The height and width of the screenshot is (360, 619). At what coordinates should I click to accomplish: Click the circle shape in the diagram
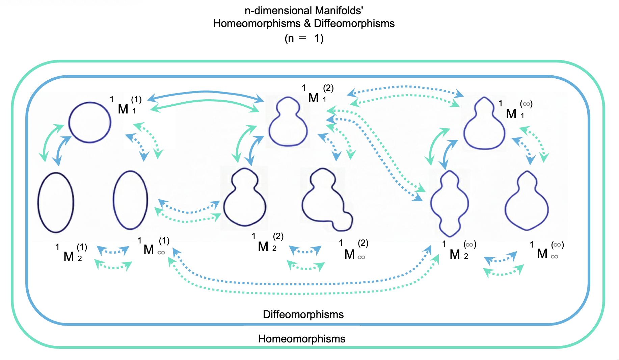pos(90,122)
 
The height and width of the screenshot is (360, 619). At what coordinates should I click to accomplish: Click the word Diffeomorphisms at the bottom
pos(303,314)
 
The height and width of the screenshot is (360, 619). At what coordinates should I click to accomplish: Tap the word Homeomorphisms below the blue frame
pos(302,339)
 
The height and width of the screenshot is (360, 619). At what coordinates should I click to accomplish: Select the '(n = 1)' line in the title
pos(304,38)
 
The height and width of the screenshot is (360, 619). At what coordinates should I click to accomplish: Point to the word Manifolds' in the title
pos(339,10)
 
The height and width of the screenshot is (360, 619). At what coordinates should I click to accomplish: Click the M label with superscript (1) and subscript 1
pos(124,109)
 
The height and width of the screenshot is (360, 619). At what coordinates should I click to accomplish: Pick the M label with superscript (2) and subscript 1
pos(314,98)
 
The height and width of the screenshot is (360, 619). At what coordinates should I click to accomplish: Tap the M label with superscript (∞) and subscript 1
pos(512,113)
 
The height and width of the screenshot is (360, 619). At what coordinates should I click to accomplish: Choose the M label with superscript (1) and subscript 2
pos(69,256)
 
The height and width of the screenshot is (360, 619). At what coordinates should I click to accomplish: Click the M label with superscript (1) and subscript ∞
pos(149,249)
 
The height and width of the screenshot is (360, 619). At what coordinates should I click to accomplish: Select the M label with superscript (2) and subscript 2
pos(263,246)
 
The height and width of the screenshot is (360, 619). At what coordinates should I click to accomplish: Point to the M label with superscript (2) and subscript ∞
pos(350,254)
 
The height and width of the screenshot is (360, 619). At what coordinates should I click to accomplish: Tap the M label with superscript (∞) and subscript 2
pos(455,254)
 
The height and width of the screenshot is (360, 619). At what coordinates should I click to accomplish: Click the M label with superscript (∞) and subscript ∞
pos(542,253)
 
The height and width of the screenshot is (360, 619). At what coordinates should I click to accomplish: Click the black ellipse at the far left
pos(56,202)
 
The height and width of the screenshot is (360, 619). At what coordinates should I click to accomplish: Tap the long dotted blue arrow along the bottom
pos(304,283)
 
